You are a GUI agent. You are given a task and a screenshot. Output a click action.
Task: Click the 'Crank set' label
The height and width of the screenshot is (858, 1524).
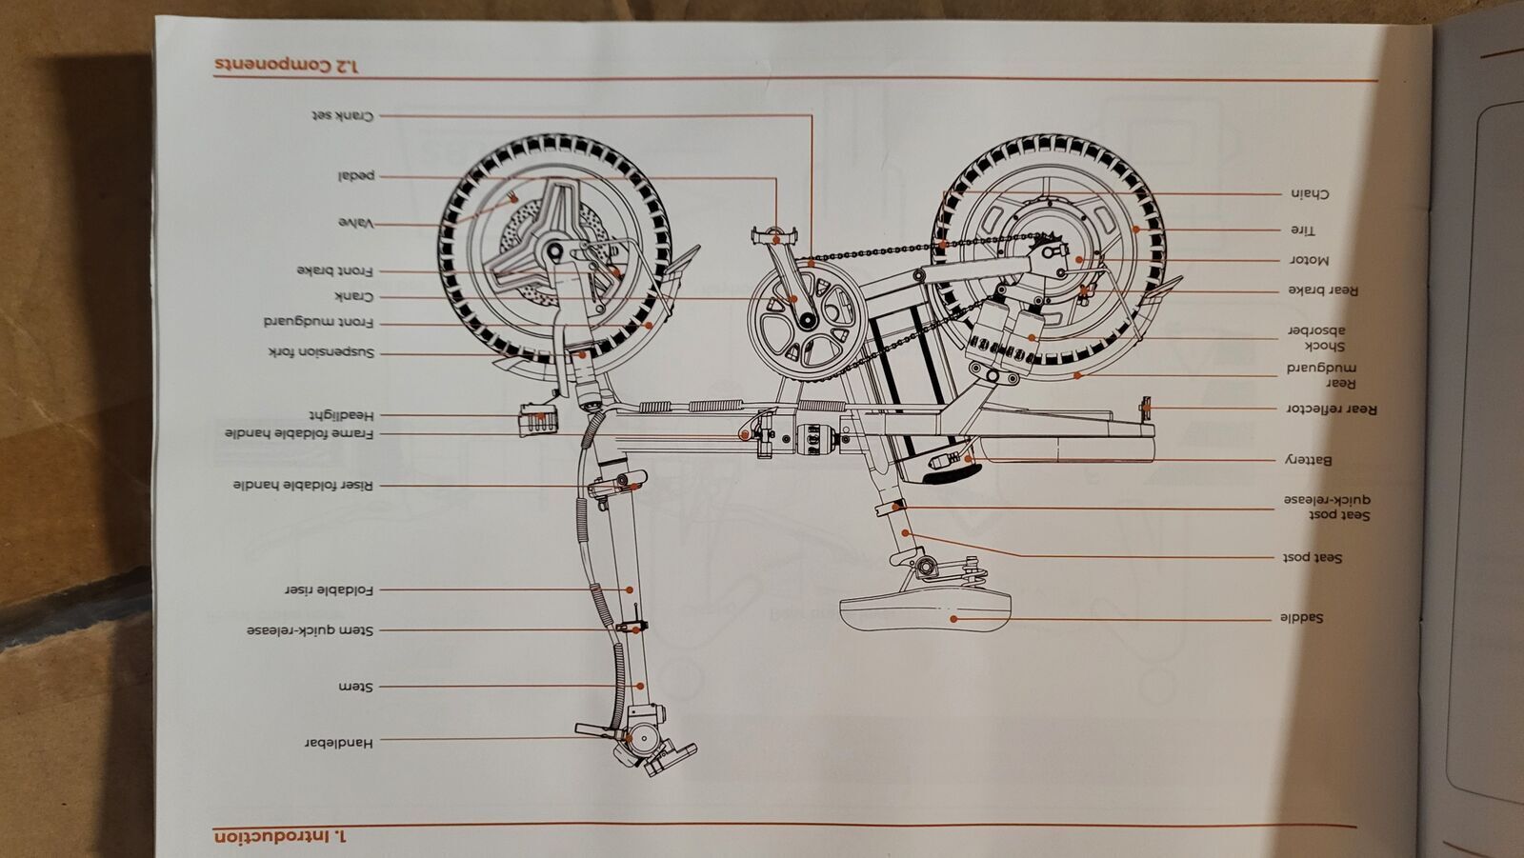pos(342,115)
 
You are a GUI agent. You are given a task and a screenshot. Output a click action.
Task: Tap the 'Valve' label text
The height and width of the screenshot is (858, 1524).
pos(355,223)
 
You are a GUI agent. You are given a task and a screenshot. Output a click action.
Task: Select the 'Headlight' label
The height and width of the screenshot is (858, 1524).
pos(341,415)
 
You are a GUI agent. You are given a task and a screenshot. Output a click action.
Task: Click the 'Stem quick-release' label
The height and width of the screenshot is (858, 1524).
pos(311,630)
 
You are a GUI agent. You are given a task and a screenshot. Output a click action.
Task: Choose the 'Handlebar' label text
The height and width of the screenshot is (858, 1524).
pos(339,742)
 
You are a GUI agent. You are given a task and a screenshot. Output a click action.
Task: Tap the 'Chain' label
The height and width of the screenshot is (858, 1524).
pos(1310,194)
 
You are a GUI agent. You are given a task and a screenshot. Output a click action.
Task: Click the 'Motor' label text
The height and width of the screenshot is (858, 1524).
pos(1309,259)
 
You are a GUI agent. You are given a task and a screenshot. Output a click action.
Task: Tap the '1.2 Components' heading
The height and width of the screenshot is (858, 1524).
pos(287,65)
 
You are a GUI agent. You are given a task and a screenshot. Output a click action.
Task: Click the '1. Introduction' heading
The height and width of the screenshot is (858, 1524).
pos(282,836)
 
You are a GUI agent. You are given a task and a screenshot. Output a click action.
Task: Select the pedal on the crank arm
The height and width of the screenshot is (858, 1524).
pos(772,232)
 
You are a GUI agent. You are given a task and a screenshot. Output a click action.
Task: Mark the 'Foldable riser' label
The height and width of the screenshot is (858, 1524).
pos(330,589)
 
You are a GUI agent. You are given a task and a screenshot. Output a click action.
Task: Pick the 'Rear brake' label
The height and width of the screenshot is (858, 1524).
pos(1323,290)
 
